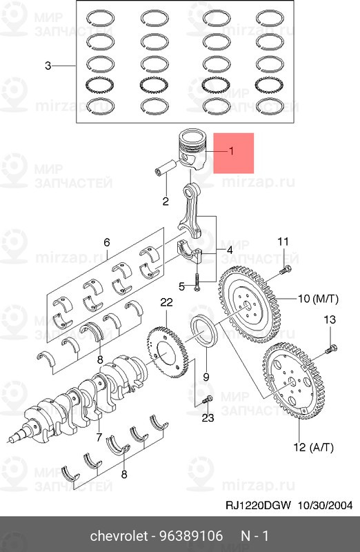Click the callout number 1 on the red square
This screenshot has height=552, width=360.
pos(231,151)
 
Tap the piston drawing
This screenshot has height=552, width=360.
pos(192,150)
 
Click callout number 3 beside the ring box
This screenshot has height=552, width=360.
pos(48,66)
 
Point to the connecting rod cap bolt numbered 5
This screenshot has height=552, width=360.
pos(197,282)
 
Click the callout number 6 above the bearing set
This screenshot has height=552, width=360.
pos(107,242)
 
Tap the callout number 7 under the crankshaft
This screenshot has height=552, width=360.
pos(99,437)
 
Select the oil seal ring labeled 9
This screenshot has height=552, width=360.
pos(204,331)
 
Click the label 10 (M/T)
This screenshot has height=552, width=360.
pos(318,299)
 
